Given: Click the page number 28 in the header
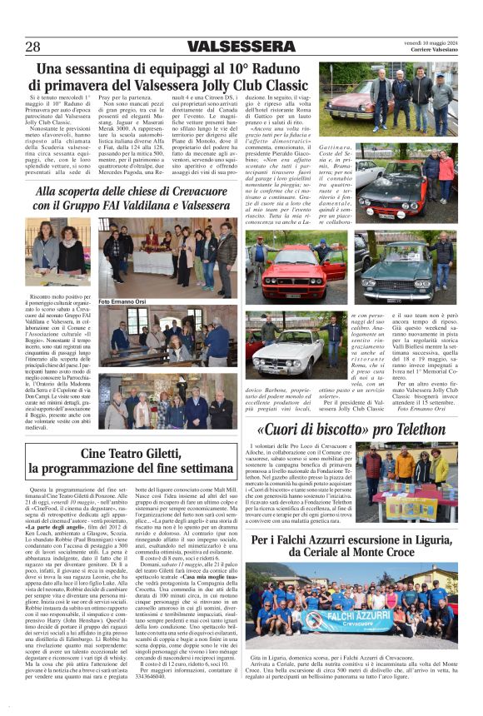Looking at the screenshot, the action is [x=33, y=46].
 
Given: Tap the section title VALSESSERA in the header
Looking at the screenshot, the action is [x=241, y=46].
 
